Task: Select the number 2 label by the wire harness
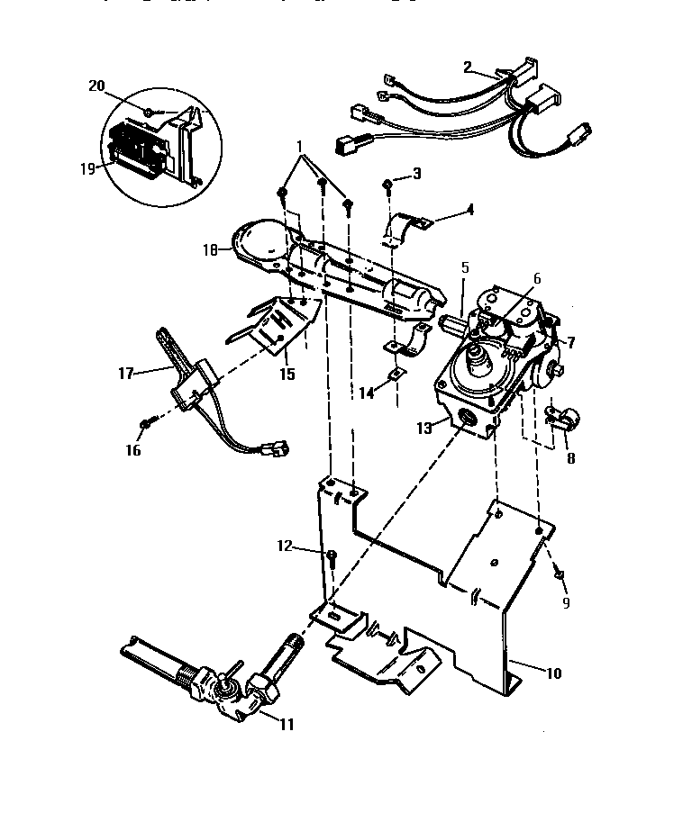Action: point(467,67)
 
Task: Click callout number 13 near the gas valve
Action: point(423,429)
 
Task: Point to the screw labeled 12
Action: point(332,557)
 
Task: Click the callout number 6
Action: point(537,279)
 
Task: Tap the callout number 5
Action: point(465,267)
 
